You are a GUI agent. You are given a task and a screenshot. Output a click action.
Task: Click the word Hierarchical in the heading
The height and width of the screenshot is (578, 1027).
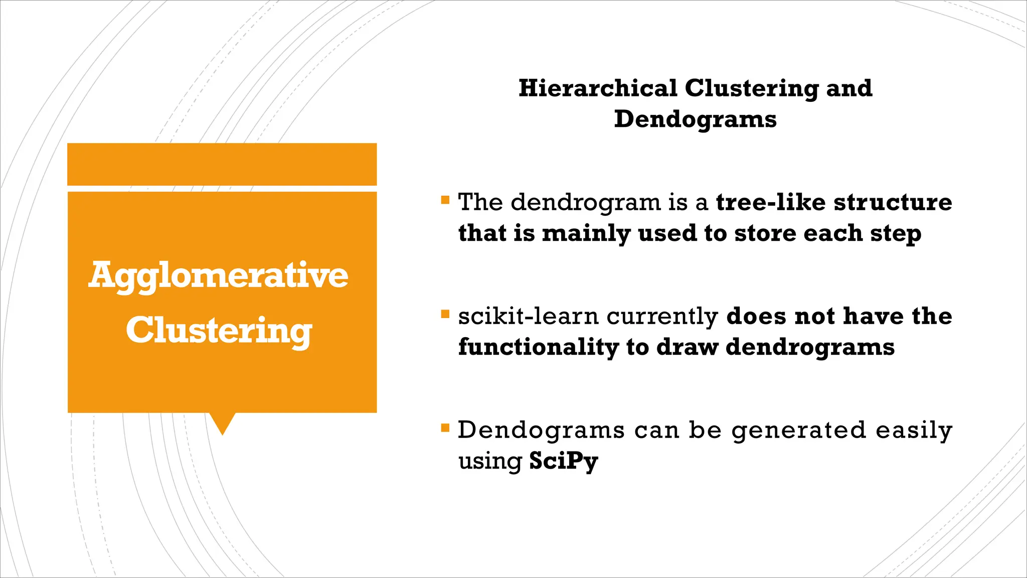[x=598, y=88]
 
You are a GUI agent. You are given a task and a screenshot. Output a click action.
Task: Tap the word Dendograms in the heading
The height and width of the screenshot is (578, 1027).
[x=695, y=119]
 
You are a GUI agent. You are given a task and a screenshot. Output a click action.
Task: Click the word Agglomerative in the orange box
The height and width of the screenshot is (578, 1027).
[x=219, y=275]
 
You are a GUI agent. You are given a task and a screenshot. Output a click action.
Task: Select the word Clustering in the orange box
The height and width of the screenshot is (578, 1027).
[x=219, y=331]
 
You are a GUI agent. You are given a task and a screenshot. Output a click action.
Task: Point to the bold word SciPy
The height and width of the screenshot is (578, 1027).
[x=564, y=461]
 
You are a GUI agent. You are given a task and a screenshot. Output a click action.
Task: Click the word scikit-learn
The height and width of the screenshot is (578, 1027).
[x=528, y=316]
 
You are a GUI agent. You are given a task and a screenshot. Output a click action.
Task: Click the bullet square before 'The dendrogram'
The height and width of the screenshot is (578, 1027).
[x=445, y=200]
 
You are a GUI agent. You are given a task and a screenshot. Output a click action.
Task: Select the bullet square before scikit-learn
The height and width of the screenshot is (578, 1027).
[x=445, y=314]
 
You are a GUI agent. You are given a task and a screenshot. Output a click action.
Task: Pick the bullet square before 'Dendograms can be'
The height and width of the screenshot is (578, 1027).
[x=445, y=428]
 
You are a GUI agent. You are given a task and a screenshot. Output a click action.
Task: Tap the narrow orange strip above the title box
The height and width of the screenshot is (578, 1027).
[x=222, y=164]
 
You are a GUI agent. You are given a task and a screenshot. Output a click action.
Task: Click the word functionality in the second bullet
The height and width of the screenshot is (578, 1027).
[x=539, y=347]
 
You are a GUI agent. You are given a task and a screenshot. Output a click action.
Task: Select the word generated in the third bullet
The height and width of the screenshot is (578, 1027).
[x=798, y=430]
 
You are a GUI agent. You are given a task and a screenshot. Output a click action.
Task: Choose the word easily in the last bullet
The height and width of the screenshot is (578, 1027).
[x=914, y=430]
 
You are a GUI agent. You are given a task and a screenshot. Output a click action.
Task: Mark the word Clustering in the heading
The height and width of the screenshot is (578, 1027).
[x=751, y=88]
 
